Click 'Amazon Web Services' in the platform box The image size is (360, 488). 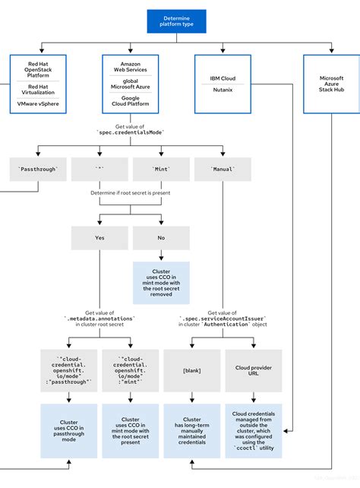tap(130, 66)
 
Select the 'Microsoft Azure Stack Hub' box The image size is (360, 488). tap(331, 84)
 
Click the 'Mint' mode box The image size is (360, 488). tap(161, 169)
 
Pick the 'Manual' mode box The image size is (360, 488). tap(223, 169)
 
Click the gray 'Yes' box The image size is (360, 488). tap(99, 237)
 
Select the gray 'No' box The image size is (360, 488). tap(161, 237)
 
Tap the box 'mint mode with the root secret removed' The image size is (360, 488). tap(161, 282)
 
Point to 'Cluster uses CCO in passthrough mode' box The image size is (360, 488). tap(68, 430)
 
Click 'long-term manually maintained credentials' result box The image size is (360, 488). tap(191, 430)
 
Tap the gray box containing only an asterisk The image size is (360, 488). tap(99, 169)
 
